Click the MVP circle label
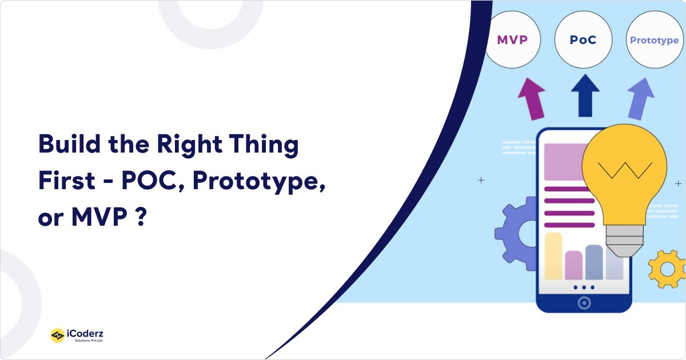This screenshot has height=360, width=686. (511, 40)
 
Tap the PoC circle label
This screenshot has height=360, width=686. (583, 40)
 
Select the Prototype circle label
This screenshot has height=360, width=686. (654, 40)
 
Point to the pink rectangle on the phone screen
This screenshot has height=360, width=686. (563, 162)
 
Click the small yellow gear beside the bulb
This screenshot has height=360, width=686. (666, 269)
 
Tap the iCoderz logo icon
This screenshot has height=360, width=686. (57, 335)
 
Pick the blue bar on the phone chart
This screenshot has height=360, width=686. (594, 262)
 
